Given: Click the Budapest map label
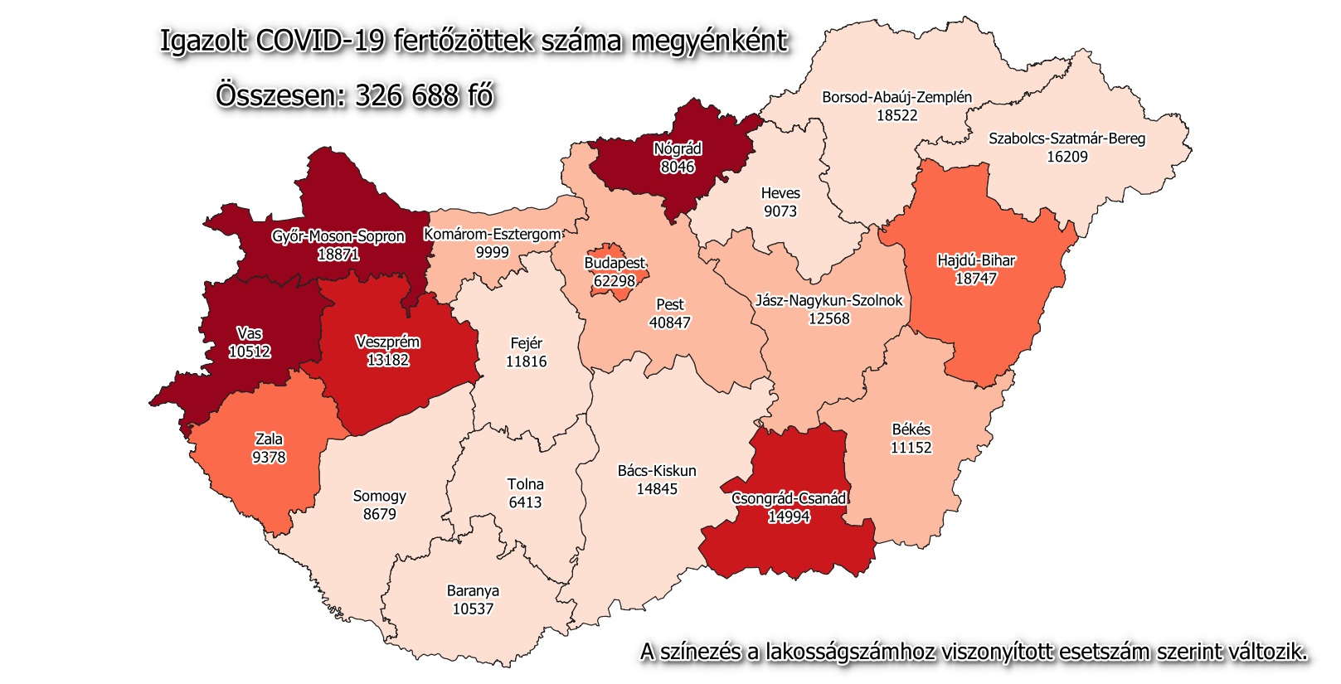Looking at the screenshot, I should point(615,263).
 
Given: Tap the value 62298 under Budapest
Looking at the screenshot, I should point(615,281).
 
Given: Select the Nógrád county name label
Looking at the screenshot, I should point(678,149).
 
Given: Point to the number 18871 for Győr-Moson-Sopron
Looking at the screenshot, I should point(338,255).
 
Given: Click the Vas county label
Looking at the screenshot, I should point(249,333).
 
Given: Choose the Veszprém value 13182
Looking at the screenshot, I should point(388,360).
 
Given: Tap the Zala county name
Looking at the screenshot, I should point(269,439).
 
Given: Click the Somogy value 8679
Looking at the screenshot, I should point(380,514).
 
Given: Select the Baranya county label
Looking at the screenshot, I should point(473,591).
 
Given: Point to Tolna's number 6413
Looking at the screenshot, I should point(525,502).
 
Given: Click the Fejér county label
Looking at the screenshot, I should point(526,343).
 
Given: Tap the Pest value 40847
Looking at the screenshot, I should point(669,323).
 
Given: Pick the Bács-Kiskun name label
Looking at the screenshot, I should point(657,471).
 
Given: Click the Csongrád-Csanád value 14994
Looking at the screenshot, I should point(789,517).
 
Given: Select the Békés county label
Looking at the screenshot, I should point(911,429).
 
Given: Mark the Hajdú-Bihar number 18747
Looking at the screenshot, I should point(975,279).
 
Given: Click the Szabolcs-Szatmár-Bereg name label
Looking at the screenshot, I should point(1066,138).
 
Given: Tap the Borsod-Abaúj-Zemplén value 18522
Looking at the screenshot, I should point(897,115).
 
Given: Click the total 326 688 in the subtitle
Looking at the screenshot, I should point(406,95).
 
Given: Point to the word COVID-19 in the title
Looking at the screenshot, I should point(321,41).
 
